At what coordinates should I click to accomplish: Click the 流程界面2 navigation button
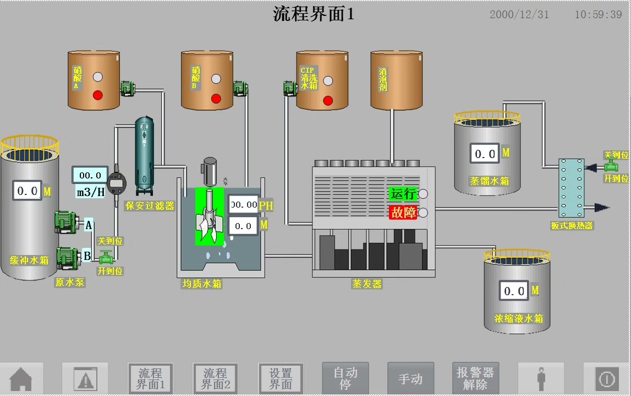[x=215, y=379]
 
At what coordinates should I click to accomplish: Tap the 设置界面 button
[x=281, y=379]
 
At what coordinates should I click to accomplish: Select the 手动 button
[x=410, y=379]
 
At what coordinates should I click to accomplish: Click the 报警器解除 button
[x=475, y=379]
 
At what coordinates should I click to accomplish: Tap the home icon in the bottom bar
[x=21, y=379]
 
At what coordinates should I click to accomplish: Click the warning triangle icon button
[x=85, y=379]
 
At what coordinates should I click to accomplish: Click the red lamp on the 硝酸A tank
[x=98, y=95]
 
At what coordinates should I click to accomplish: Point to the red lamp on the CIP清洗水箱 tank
[x=328, y=100]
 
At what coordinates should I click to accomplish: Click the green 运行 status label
[x=403, y=194]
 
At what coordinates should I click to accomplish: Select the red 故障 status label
[x=403, y=212]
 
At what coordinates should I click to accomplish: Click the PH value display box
[x=244, y=205]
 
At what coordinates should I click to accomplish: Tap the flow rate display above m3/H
[x=90, y=175]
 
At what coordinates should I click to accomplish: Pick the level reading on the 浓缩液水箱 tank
[x=514, y=291]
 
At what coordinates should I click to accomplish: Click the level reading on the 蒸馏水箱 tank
[x=485, y=154]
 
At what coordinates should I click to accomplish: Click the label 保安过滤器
[x=150, y=205]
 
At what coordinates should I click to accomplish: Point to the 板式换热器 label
[x=572, y=225]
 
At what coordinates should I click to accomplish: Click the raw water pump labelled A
[x=68, y=222]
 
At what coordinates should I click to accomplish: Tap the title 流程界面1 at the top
[x=314, y=14]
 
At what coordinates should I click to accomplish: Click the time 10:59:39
[x=598, y=15]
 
